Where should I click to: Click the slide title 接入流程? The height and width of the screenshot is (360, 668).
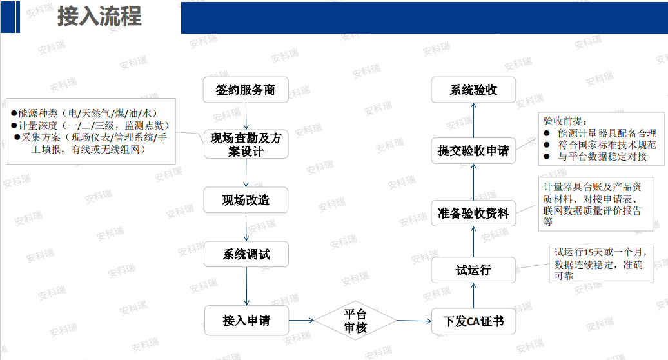[x=99, y=17]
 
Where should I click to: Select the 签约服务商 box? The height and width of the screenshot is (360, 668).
[x=246, y=90]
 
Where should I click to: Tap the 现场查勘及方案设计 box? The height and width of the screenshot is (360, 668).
[x=246, y=145]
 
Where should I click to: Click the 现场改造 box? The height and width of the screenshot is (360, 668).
[x=246, y=200]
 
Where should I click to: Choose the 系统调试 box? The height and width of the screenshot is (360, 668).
[x=246, y=254]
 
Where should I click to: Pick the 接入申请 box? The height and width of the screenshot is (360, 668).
[x=246, y=320]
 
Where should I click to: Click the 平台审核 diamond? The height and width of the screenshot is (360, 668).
[x=355, y=321]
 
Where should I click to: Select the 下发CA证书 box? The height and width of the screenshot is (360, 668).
[x=473, y=321]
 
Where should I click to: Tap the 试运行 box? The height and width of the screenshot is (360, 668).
[x=473, y=270]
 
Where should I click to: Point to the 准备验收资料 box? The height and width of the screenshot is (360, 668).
[x=473, y=213]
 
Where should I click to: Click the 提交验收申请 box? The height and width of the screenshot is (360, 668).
[x=473, y=151]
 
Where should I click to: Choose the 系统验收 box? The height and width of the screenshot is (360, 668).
[x=473, y=90]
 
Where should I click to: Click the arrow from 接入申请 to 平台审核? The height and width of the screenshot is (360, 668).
[x=301, y=320]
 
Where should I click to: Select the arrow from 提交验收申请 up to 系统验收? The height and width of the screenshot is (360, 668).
[x=473, y=120]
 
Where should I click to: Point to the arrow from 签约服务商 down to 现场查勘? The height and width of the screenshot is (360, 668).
[x=246, y=117]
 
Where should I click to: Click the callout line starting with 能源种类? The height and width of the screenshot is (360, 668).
[x=84, y=112]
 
